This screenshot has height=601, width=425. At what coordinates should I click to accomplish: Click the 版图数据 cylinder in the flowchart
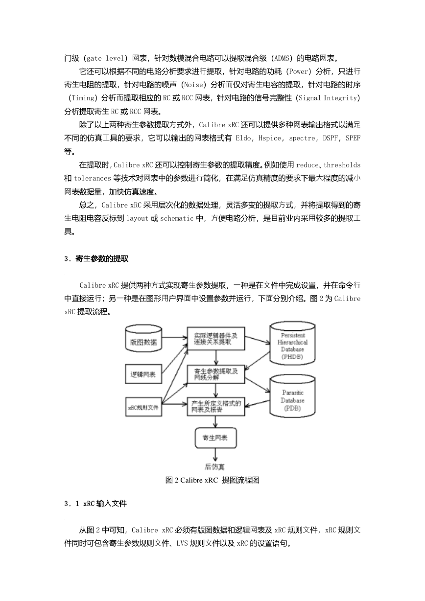click(x=143, y=338)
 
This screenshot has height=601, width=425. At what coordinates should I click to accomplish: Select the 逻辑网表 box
click(x=143, y=374)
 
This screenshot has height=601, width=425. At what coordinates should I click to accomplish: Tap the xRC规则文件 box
click(x=143, y=407)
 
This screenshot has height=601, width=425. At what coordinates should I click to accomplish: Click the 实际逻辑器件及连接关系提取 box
click(x=216, y=338)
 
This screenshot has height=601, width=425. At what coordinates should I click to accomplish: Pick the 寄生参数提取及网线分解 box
click(x=216, y=374)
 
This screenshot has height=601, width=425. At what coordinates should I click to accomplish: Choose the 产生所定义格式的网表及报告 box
click(x=216, y=407)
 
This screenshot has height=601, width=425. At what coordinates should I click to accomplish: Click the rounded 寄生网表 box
click(x=215, y=438)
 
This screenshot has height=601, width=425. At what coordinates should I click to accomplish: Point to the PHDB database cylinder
click(x=292, y=343)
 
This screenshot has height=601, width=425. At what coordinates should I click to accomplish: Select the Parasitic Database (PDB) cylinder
click(x=292, y=396)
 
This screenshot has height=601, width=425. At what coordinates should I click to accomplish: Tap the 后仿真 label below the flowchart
click(x=214, y=466)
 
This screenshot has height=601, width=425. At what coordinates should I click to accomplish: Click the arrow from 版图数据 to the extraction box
click(x=174, y=338)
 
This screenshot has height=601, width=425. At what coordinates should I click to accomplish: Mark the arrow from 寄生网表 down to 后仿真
click(x=215, y=455)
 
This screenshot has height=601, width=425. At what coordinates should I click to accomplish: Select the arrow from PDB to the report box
click(x=257, y=404)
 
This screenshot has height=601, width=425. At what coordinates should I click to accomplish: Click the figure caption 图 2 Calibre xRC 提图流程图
click(x=212, y=480)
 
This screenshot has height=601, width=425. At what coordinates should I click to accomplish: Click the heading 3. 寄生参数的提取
click(x=96, y=258)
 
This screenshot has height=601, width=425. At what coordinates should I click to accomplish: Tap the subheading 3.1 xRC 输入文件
click(x=95, y=504)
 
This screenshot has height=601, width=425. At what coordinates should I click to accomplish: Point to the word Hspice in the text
click(x=270, y=138)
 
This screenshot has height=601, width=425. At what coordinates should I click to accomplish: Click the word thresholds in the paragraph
click(x=342, y=165)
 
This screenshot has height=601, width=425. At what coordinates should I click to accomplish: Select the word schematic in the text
click(x=177, y=218)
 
